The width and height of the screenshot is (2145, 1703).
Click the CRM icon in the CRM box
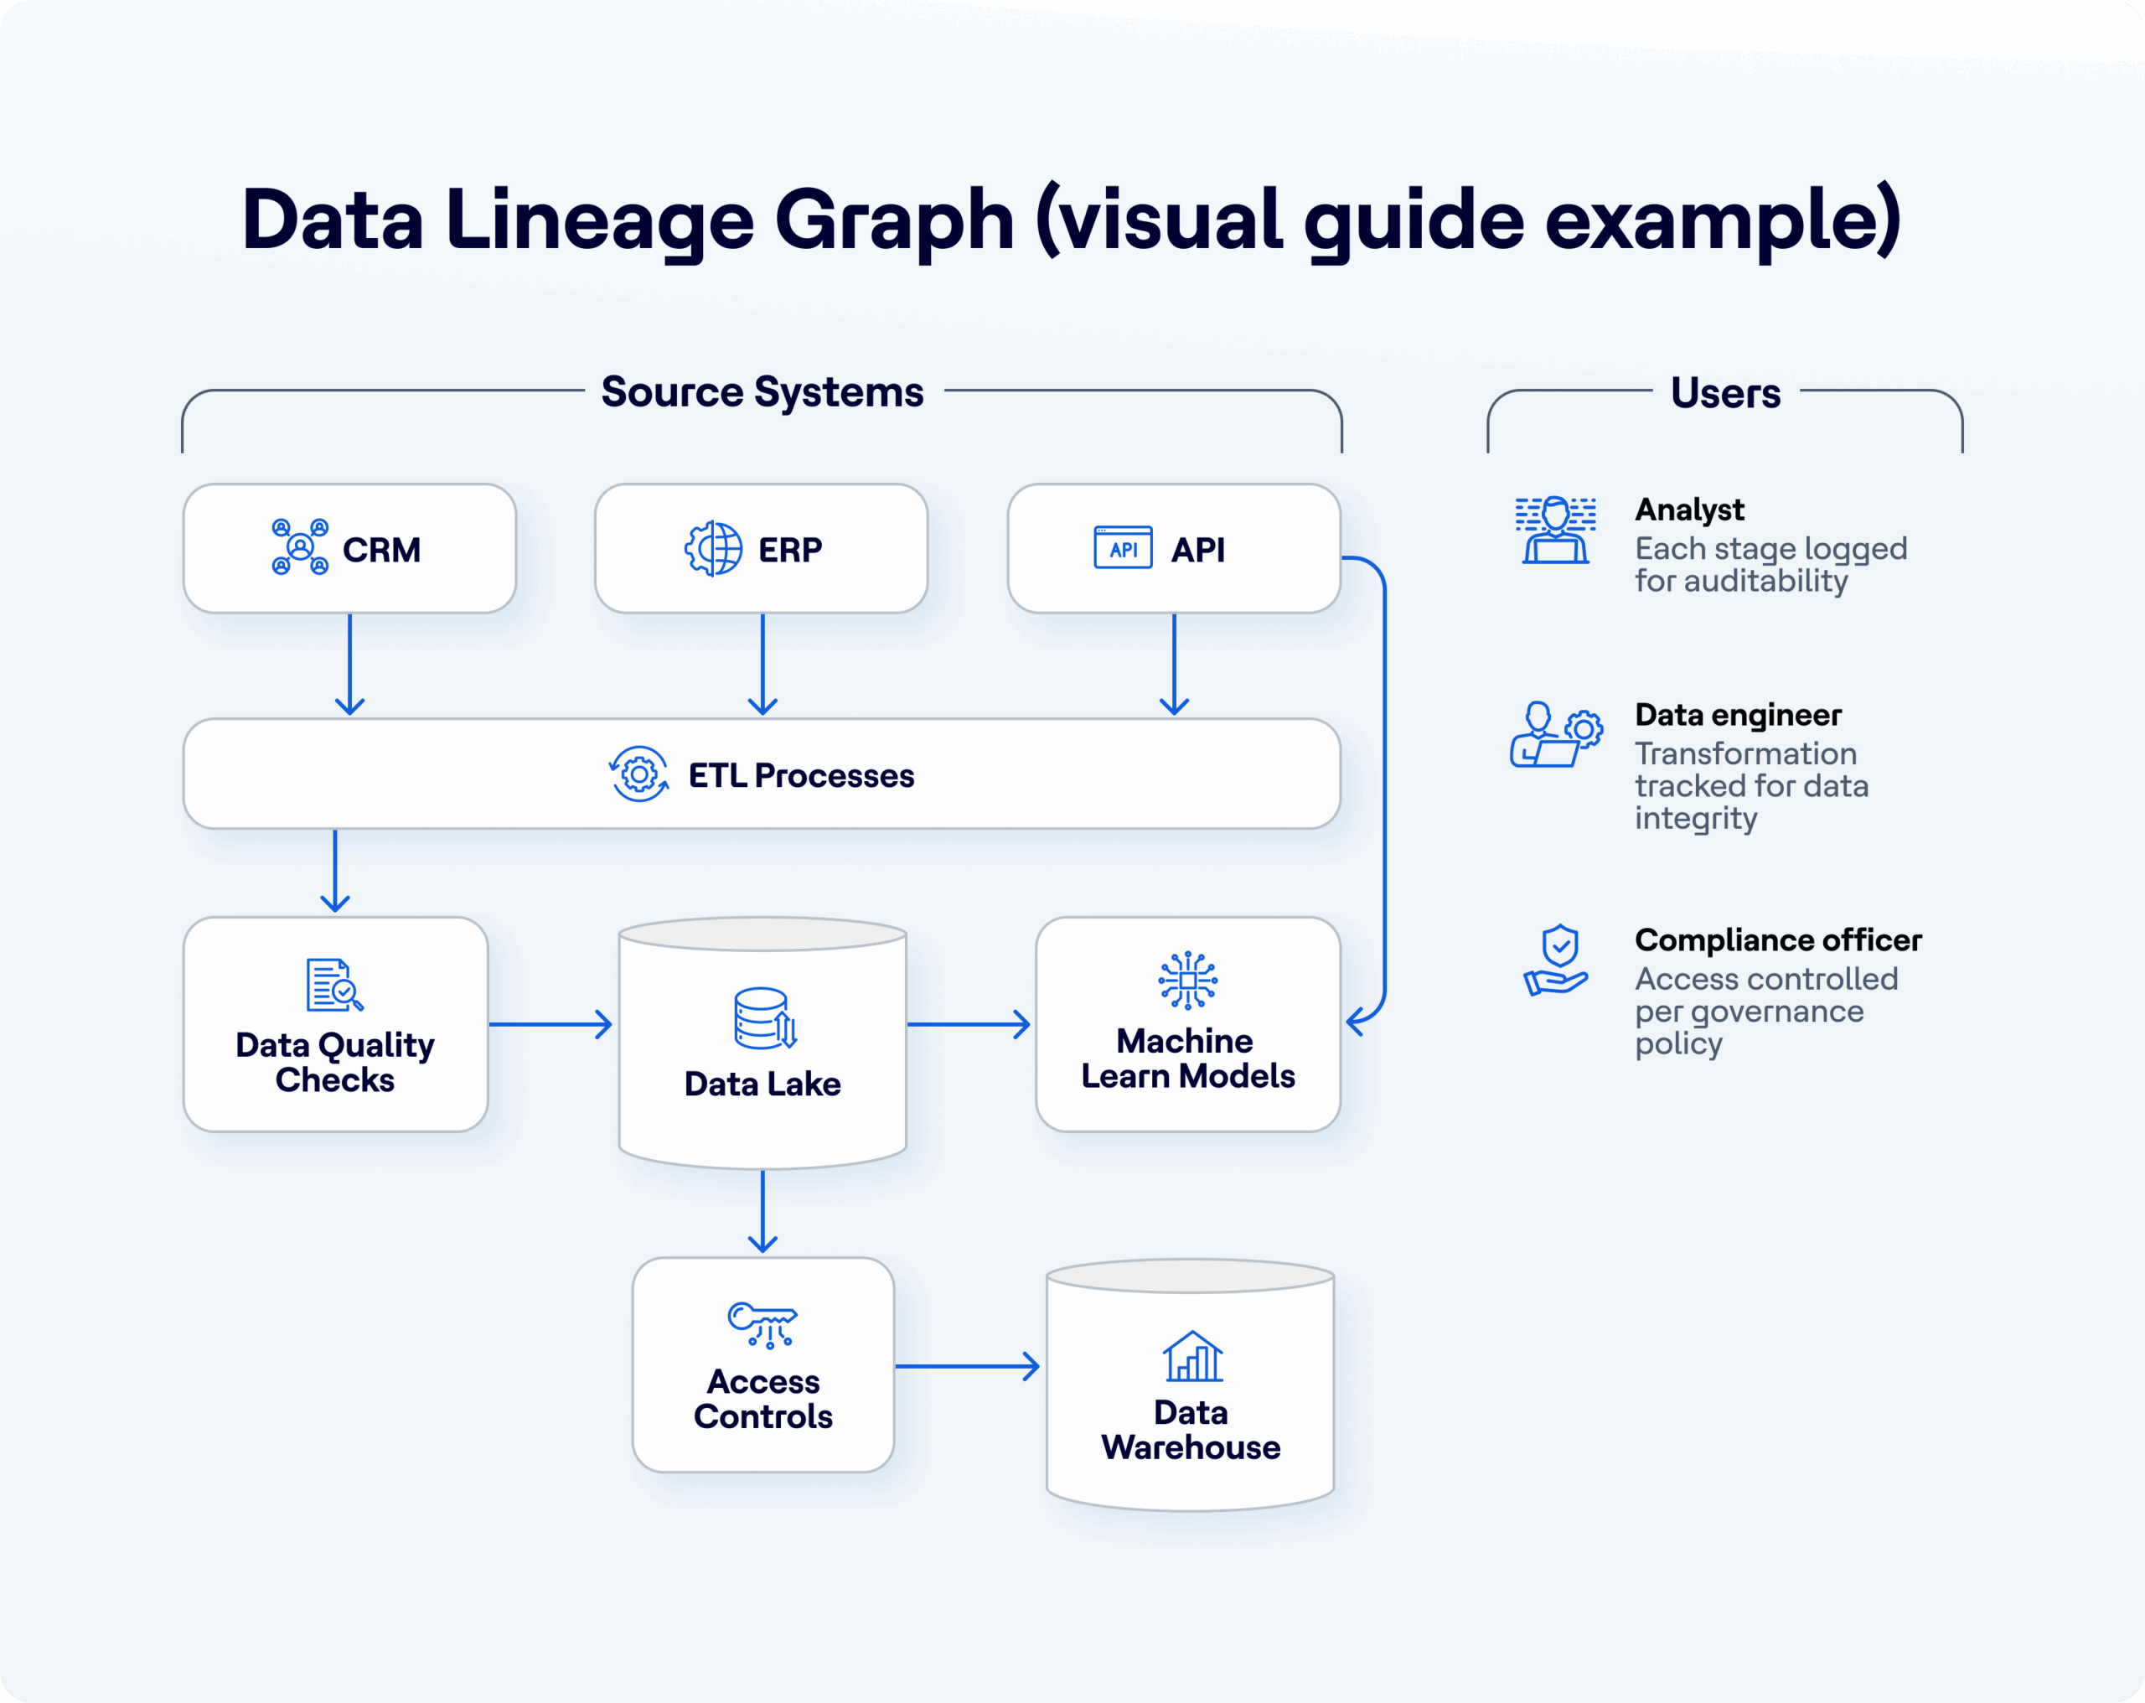(299, 546)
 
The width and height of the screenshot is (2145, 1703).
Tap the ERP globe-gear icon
(713, 548)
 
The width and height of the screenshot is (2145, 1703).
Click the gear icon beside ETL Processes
(638, 774)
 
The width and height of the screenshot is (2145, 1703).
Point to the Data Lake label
(762, 1084)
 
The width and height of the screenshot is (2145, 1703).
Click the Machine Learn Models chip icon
(1187, 981)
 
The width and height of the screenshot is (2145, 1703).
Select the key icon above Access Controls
(762, 1325)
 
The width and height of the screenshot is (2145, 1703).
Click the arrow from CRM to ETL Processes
(349, 665)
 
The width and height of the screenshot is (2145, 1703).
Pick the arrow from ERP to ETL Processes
(762, 665)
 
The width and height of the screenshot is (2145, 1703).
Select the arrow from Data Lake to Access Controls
(762, 1210)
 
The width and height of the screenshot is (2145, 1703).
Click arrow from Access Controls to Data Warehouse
(966, 1367)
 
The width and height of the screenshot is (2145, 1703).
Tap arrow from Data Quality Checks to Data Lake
(550, 1024)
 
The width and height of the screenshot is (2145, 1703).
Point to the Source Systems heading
(762, 392)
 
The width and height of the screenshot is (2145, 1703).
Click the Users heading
(1725, 393)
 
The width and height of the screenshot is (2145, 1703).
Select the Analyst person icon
(1555, 531)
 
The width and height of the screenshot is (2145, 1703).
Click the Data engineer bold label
(1737, 715)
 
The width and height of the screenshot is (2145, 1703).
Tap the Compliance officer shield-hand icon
(1557, 961)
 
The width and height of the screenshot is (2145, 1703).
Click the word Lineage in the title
(600, 221)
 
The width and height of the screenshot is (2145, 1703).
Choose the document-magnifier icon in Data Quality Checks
(333, 986)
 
